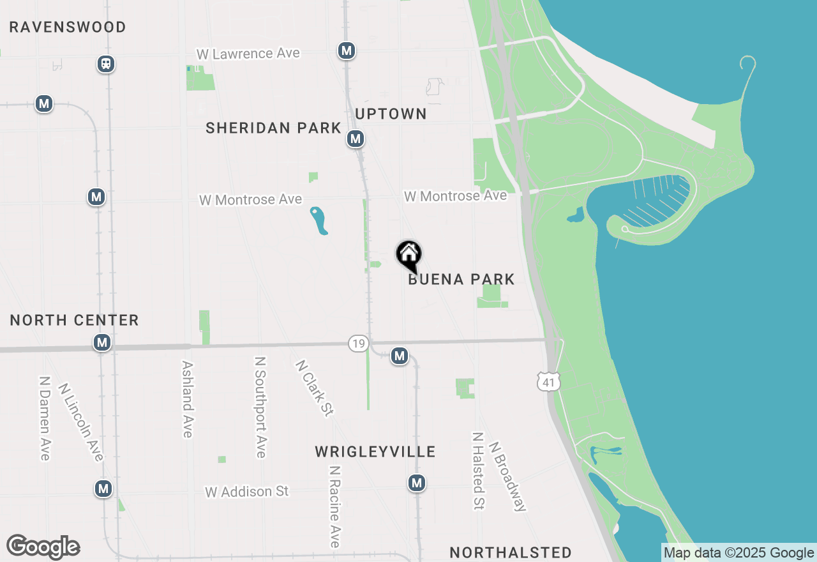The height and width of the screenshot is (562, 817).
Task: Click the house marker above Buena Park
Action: click(409, 255)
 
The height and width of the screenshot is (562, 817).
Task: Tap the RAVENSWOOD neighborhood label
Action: click(68, 27)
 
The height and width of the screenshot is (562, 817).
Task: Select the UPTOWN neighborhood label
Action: click(391, 114)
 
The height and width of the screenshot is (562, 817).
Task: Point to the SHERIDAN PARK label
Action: click(273, 128)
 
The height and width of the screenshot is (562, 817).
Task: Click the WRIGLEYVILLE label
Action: click(375, 452)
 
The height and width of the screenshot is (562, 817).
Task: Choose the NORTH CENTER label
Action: click(75, 320)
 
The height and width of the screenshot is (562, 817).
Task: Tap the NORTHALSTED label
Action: click(511, 552)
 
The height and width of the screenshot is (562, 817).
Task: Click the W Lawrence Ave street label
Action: click(248, 54)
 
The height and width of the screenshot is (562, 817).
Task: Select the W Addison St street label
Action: click(247, 491)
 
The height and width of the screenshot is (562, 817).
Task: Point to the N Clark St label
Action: click(313, 388)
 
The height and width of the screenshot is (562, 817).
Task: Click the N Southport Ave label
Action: click(260, 407)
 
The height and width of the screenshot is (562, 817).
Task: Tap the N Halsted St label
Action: click(477, 471)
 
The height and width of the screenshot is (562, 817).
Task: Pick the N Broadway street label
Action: click(507, 476)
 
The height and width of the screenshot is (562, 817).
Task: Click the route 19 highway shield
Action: click(358, 344)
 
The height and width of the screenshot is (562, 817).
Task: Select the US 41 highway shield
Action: click(549, 382)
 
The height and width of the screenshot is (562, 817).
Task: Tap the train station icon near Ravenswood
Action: click(106, 64)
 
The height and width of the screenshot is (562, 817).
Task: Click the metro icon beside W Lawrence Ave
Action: click(347, 50)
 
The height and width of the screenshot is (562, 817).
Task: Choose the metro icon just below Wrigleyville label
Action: click(417, 483)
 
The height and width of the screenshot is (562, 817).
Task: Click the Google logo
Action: click(43, 547)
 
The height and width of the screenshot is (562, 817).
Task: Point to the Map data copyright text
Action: click(738, 553)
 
